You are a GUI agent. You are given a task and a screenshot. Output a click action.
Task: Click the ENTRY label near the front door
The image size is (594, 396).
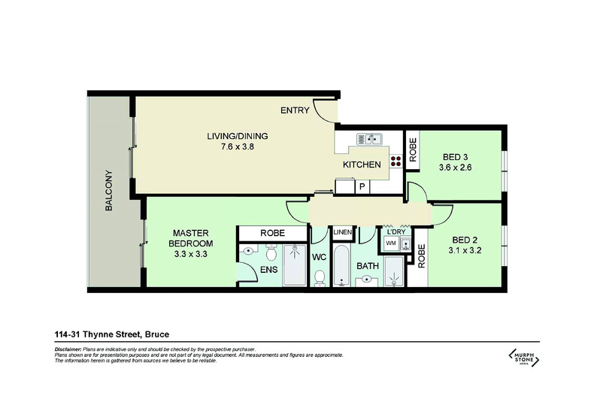click(x=295, y=111)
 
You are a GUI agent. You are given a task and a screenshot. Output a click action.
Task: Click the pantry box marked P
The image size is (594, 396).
click(x=362, y=186)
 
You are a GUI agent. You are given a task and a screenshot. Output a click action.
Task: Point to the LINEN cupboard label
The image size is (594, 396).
click(x=342, y=232)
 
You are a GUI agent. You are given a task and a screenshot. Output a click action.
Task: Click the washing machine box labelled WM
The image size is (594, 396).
click(x=391, y=244)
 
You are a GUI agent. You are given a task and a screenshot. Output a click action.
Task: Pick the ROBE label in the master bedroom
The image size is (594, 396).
click(x=272, y=234)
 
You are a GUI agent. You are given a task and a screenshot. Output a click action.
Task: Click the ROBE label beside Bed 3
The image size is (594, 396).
click(x=413, y=150)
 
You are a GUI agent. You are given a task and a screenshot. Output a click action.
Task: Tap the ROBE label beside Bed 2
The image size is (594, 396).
click(x=421, y=257)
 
